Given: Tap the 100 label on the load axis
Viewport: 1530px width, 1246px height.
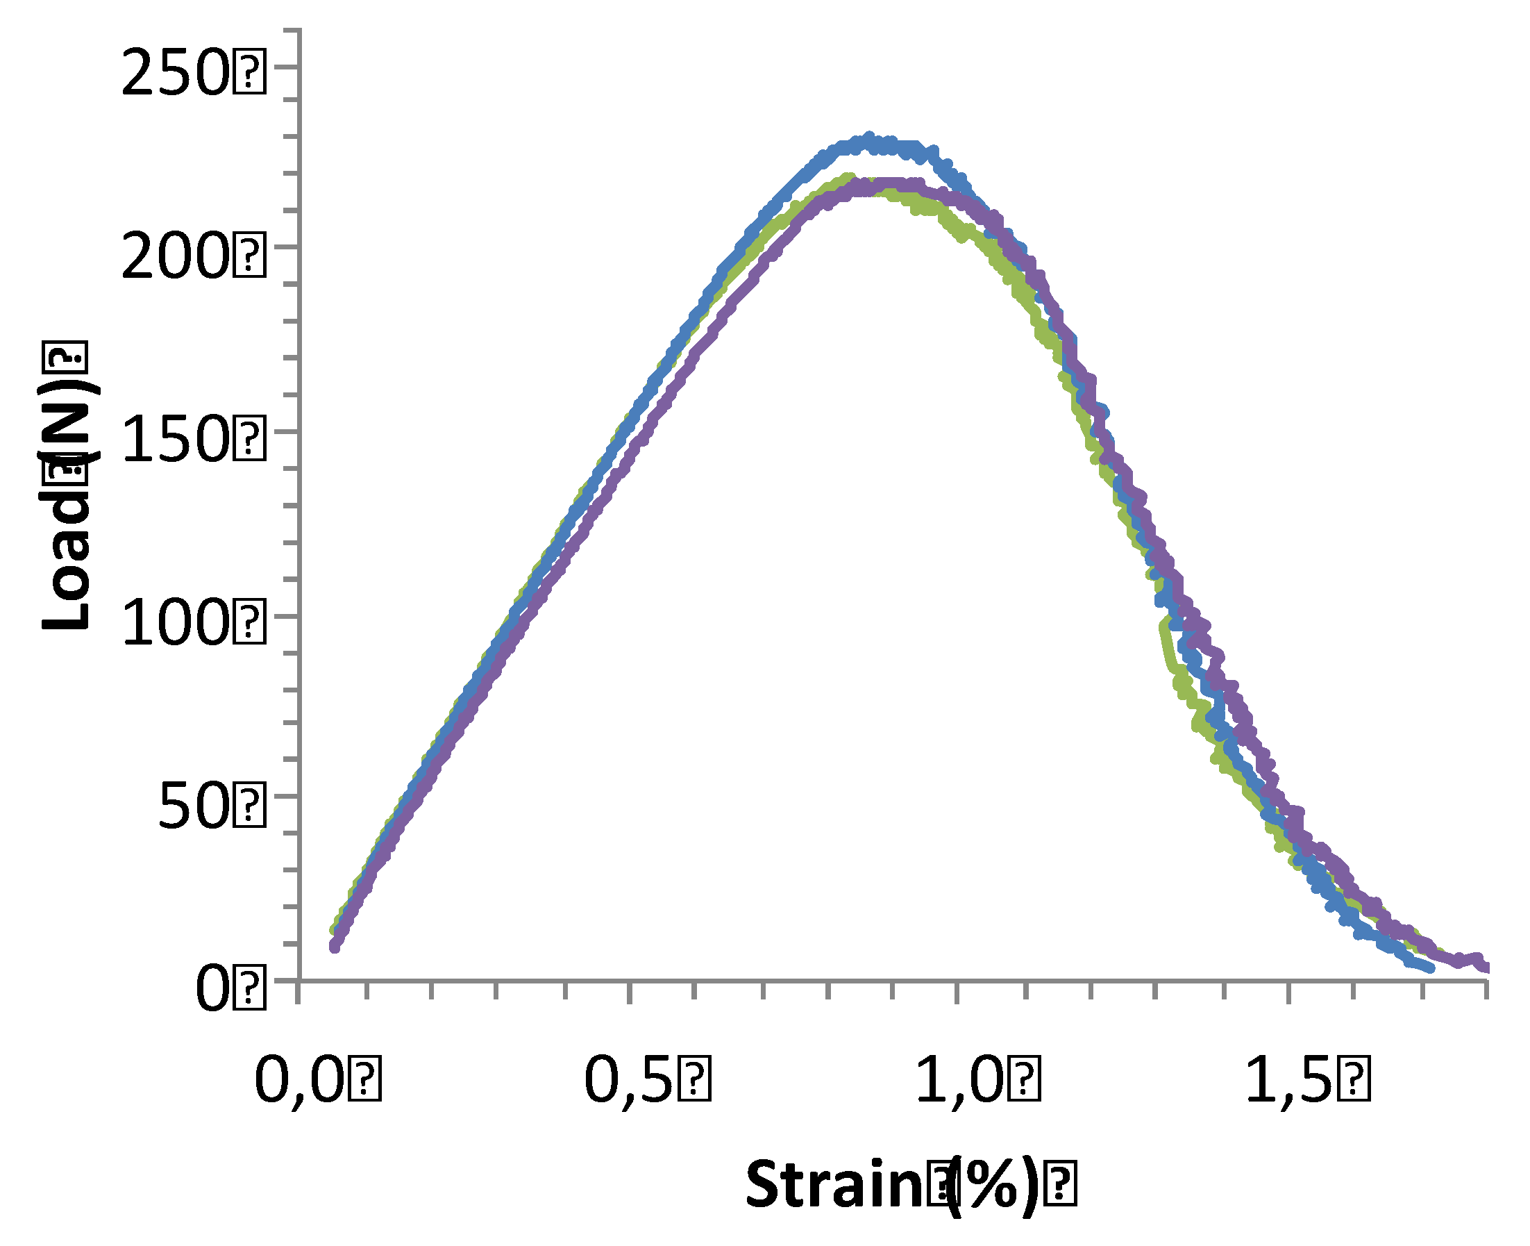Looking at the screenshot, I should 175,623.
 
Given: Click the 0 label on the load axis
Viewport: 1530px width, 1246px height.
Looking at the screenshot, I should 212,990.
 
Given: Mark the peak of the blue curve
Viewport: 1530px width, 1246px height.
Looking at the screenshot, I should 869,137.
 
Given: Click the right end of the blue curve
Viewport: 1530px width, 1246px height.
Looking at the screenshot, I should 1431,969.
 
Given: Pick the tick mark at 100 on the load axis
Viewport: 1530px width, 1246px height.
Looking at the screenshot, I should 288,617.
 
